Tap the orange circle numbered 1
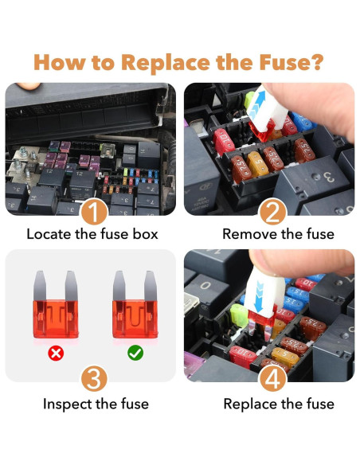[x=93, y=212]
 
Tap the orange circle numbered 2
[x=272, y=212]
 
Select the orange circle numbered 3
[x=93, y=377]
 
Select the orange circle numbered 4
[x=272, y=377]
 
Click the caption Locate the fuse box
[x=92, y=234]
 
